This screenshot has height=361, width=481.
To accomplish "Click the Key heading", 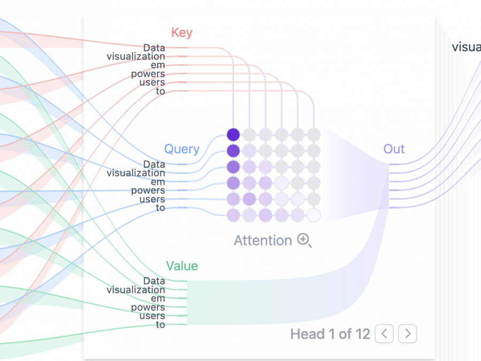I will click(182, 33).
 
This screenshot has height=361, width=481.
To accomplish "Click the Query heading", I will click(182, 149).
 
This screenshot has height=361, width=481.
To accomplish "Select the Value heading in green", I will click(182, 266).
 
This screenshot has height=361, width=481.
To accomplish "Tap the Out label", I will click(394, 149).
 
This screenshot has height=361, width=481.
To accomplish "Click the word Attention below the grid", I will click(263, 241).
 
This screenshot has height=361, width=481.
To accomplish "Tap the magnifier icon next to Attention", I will click(304, 241).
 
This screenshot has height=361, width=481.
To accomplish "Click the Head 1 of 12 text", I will click(330, 334).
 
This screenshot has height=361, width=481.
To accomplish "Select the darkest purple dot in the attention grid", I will click(233, 134).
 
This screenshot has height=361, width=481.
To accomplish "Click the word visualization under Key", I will click(136, 56).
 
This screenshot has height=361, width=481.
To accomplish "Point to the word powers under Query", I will click(148, 190).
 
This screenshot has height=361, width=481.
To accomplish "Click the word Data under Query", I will click(154, 164).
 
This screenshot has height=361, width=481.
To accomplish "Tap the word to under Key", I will click(160, 91).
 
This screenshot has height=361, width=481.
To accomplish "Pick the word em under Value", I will click(158, 298).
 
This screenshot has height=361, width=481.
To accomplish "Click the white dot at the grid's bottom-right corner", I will click(314, 215).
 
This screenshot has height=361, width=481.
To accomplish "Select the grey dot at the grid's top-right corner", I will click(314, 134).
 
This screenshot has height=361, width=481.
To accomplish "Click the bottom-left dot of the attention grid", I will click(233, 215).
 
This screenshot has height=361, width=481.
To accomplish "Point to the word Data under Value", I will click(154, 281).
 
